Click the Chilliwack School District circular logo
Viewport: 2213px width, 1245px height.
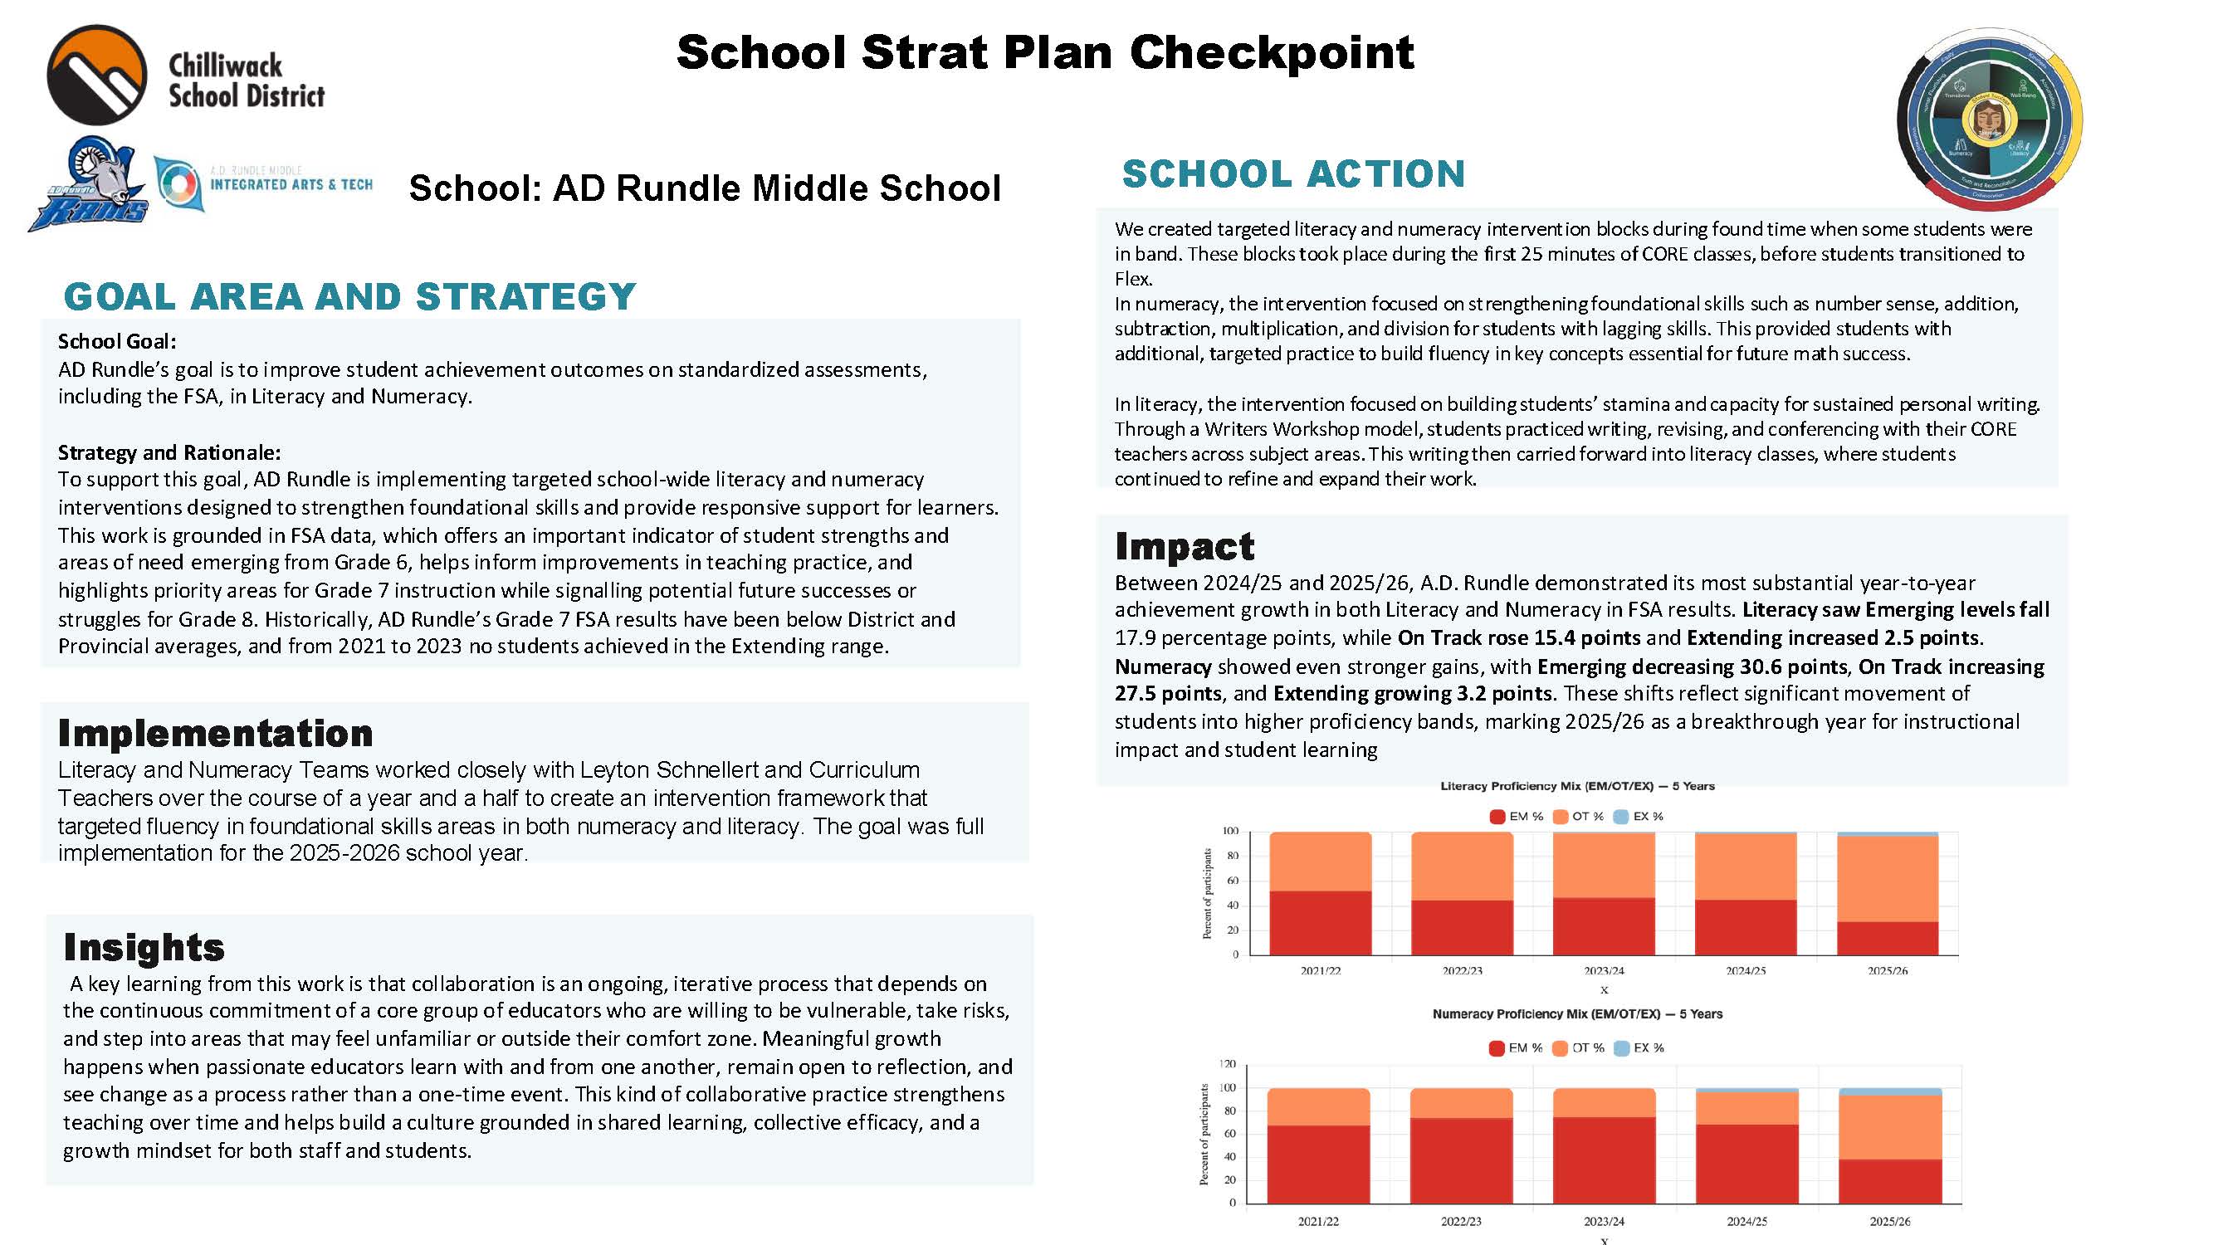[x=96, y=76]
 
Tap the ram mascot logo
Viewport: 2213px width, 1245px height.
[x=85, y=185]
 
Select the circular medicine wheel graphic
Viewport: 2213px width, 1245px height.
[x=1990, y=119]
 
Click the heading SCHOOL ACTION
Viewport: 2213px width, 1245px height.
[x=1293, y=174]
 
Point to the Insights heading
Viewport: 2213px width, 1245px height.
[x=144, y=947]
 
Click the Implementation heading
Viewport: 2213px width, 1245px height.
[x=215, y=734]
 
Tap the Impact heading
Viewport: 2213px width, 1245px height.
[x=1184, y=546]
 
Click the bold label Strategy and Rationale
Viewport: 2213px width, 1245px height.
[x=169, y=453]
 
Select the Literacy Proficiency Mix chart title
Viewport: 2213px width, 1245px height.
[x=1576, y=786]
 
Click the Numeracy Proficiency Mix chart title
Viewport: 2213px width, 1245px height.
[x=1576, y=1014]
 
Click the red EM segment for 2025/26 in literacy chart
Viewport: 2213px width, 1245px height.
[x=1888, y=938]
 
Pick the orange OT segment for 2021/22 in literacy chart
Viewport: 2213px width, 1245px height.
[x=1320, y=862]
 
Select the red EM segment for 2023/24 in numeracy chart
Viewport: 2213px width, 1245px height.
[x=1603, y=1160]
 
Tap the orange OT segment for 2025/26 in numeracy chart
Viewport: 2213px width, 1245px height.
[x=1889, y=1127]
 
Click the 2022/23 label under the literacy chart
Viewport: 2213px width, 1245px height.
[x=1461, y=971]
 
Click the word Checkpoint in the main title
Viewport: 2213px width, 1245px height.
[x=1271, y=53]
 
